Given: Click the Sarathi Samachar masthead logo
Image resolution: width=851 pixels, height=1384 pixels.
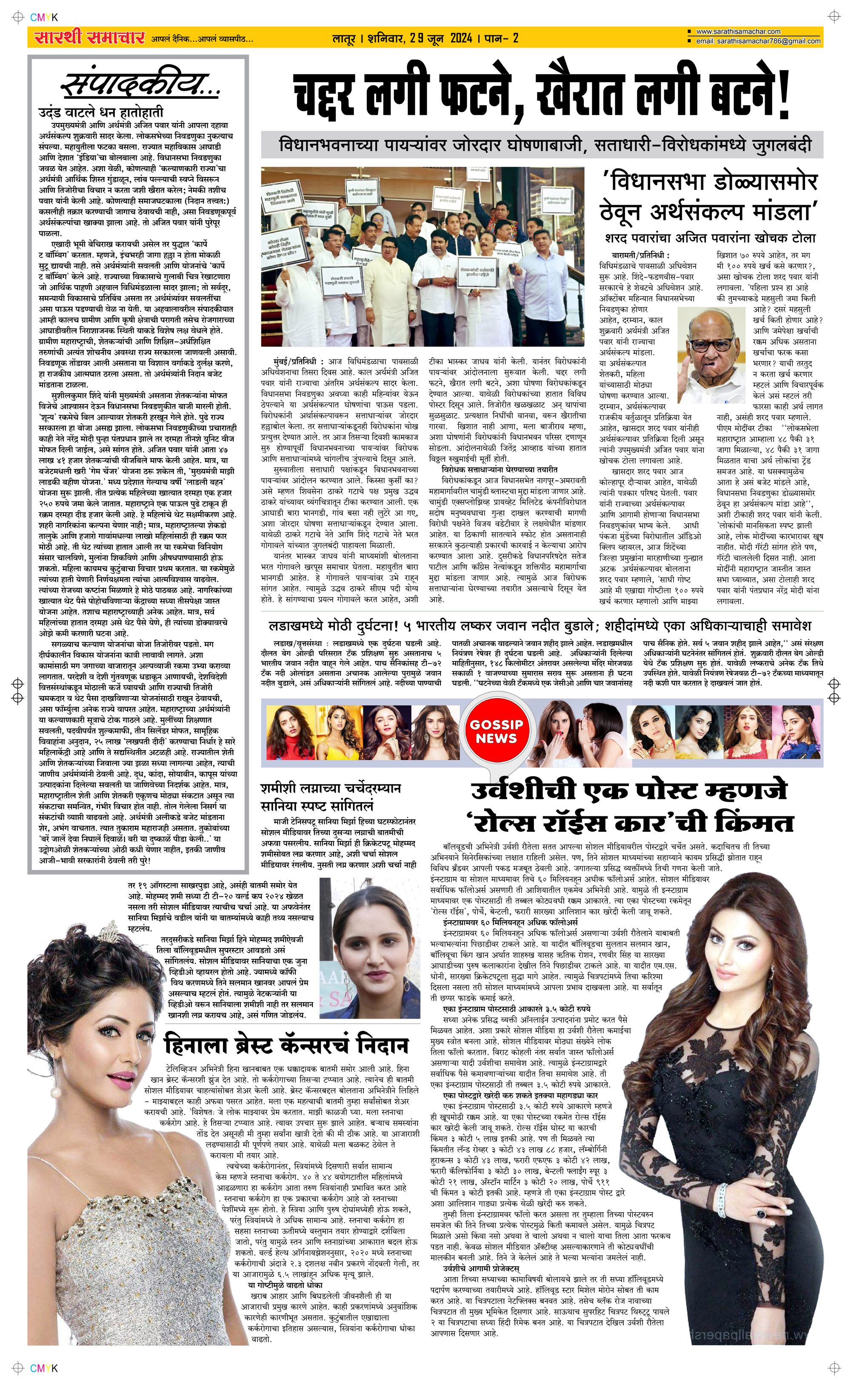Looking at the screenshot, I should coord(89,38).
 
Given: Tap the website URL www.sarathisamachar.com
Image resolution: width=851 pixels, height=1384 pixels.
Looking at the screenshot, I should coord(738,31).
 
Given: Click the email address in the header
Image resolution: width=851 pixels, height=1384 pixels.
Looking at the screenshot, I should coord(757,41).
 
